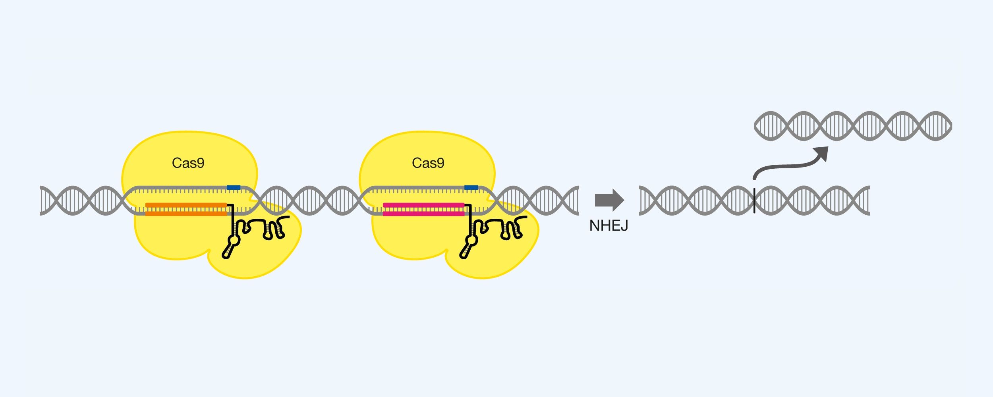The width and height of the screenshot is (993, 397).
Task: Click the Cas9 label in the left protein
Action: pos(188,163)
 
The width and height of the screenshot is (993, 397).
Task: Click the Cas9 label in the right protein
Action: pos(428,163)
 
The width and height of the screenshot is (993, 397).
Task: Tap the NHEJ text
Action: pos(609,226)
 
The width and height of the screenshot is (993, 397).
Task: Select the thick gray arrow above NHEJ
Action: pos(609,200)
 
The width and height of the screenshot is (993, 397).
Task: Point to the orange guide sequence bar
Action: pos(186,209)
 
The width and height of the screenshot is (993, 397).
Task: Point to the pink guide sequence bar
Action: pos(423,209)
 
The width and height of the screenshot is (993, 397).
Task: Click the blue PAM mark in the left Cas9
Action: pos(233,187)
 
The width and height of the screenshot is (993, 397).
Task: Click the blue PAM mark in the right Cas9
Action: pos(471,187)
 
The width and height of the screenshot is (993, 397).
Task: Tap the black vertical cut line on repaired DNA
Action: pos(754,200)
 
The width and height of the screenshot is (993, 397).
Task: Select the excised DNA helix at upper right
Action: pos(853,126)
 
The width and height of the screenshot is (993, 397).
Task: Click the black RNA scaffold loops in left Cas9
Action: pos(266,228)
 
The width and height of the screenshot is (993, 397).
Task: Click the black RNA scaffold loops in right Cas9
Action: pos(504,228)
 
